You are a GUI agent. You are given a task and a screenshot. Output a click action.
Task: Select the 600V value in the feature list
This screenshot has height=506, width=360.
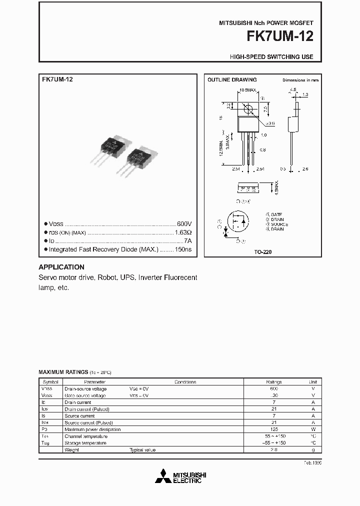coord(184,224)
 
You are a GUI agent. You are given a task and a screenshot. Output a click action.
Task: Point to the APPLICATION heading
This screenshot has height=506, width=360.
coord(61,267)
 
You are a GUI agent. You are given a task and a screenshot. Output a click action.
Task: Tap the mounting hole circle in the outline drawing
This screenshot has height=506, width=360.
coord(247,108)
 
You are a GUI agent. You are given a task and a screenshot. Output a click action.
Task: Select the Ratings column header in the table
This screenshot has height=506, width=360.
coord(274,381)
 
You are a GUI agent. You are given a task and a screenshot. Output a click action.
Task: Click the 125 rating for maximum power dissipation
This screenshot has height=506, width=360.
coord(274,429)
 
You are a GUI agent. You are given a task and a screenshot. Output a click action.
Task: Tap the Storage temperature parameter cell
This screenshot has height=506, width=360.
coord(85,443)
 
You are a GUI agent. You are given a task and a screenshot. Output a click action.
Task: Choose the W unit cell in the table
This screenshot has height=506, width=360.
coord(312,429)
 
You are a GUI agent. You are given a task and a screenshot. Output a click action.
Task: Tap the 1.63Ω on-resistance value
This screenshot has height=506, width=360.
coord(183,232)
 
